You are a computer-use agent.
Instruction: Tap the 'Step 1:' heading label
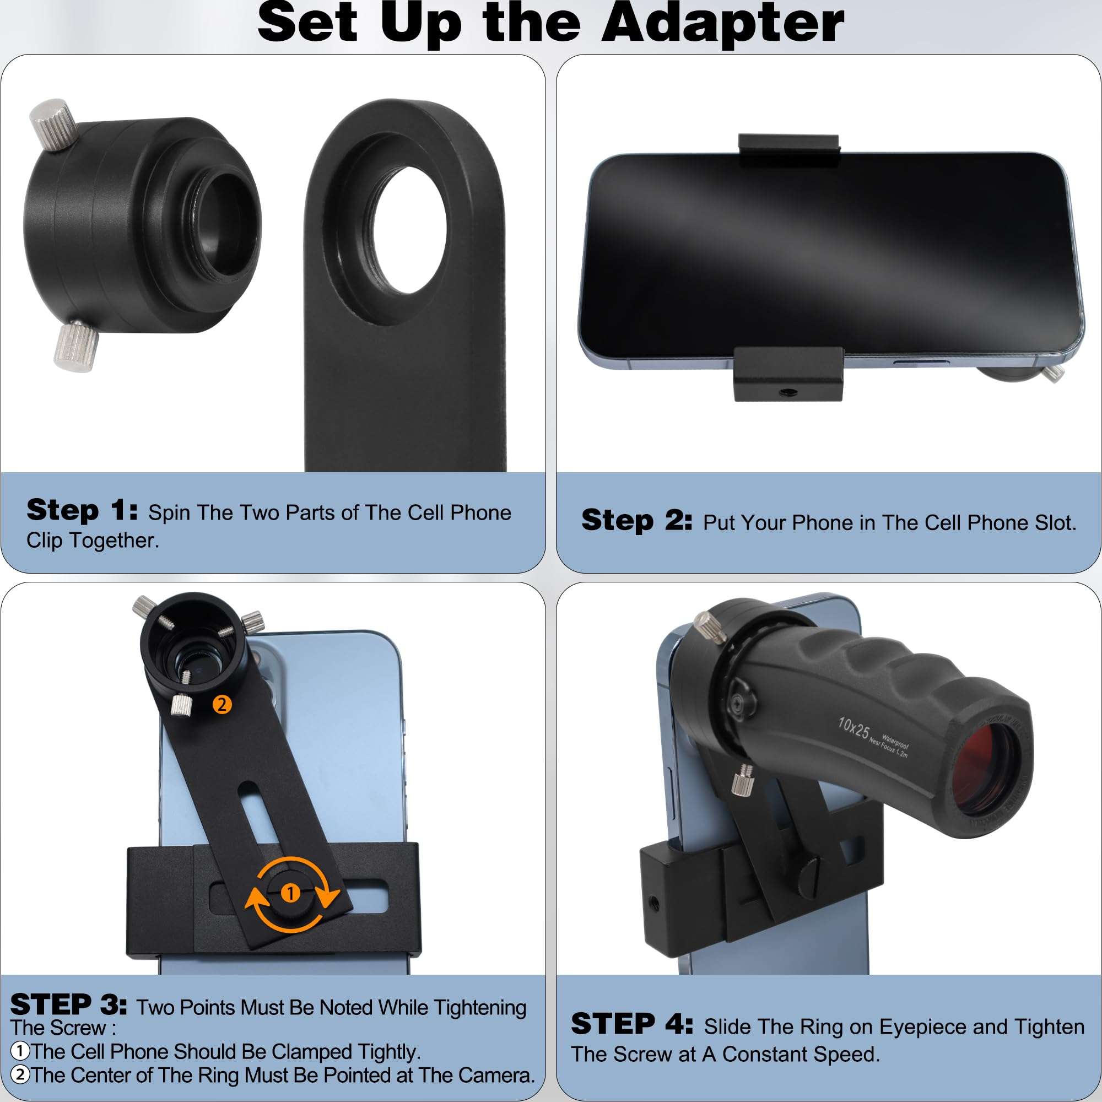click(x=82, y=511)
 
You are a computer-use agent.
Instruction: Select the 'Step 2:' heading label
click(x=636, y=521)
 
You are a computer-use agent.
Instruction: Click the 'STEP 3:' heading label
click(x=68, y=1004)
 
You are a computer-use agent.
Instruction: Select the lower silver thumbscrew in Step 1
click(x=77, y=347)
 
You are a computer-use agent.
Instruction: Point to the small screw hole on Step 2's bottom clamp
click(x=788, y=392)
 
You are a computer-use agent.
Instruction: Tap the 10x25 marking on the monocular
click(x=853, y=728)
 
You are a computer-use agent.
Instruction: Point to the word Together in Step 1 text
click(x=114, y=540)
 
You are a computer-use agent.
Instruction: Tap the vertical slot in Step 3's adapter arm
click(x=258, y=815)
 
